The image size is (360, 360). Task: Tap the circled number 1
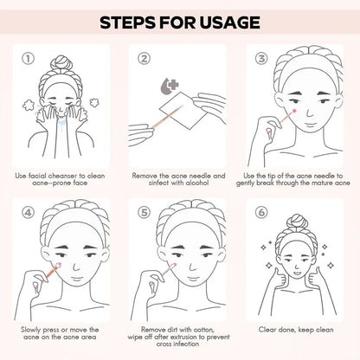pos(29,59)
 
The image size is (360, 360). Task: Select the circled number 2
pos(144,59)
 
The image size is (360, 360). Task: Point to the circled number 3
pos(261,59)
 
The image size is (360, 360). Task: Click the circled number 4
pos(29,213)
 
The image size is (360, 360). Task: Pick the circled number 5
pos(144,213)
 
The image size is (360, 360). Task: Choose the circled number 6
pos(261,213)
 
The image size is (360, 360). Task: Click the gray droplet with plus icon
pos(170,86)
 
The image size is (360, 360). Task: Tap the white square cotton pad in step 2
pos(183,111)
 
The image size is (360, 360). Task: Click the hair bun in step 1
pos(61,64)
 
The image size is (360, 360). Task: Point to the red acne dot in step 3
pos(294,111)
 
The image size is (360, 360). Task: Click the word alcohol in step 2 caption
pos(196,183)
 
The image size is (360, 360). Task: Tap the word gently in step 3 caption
pos(245,183)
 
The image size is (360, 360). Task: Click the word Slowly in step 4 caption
pos(30,330)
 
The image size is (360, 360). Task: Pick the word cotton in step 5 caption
pos(204,330)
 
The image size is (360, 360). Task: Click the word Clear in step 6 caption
pos(267,330)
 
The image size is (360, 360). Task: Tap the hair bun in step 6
pos(296,222)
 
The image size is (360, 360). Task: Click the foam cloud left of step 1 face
pos(29,106)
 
